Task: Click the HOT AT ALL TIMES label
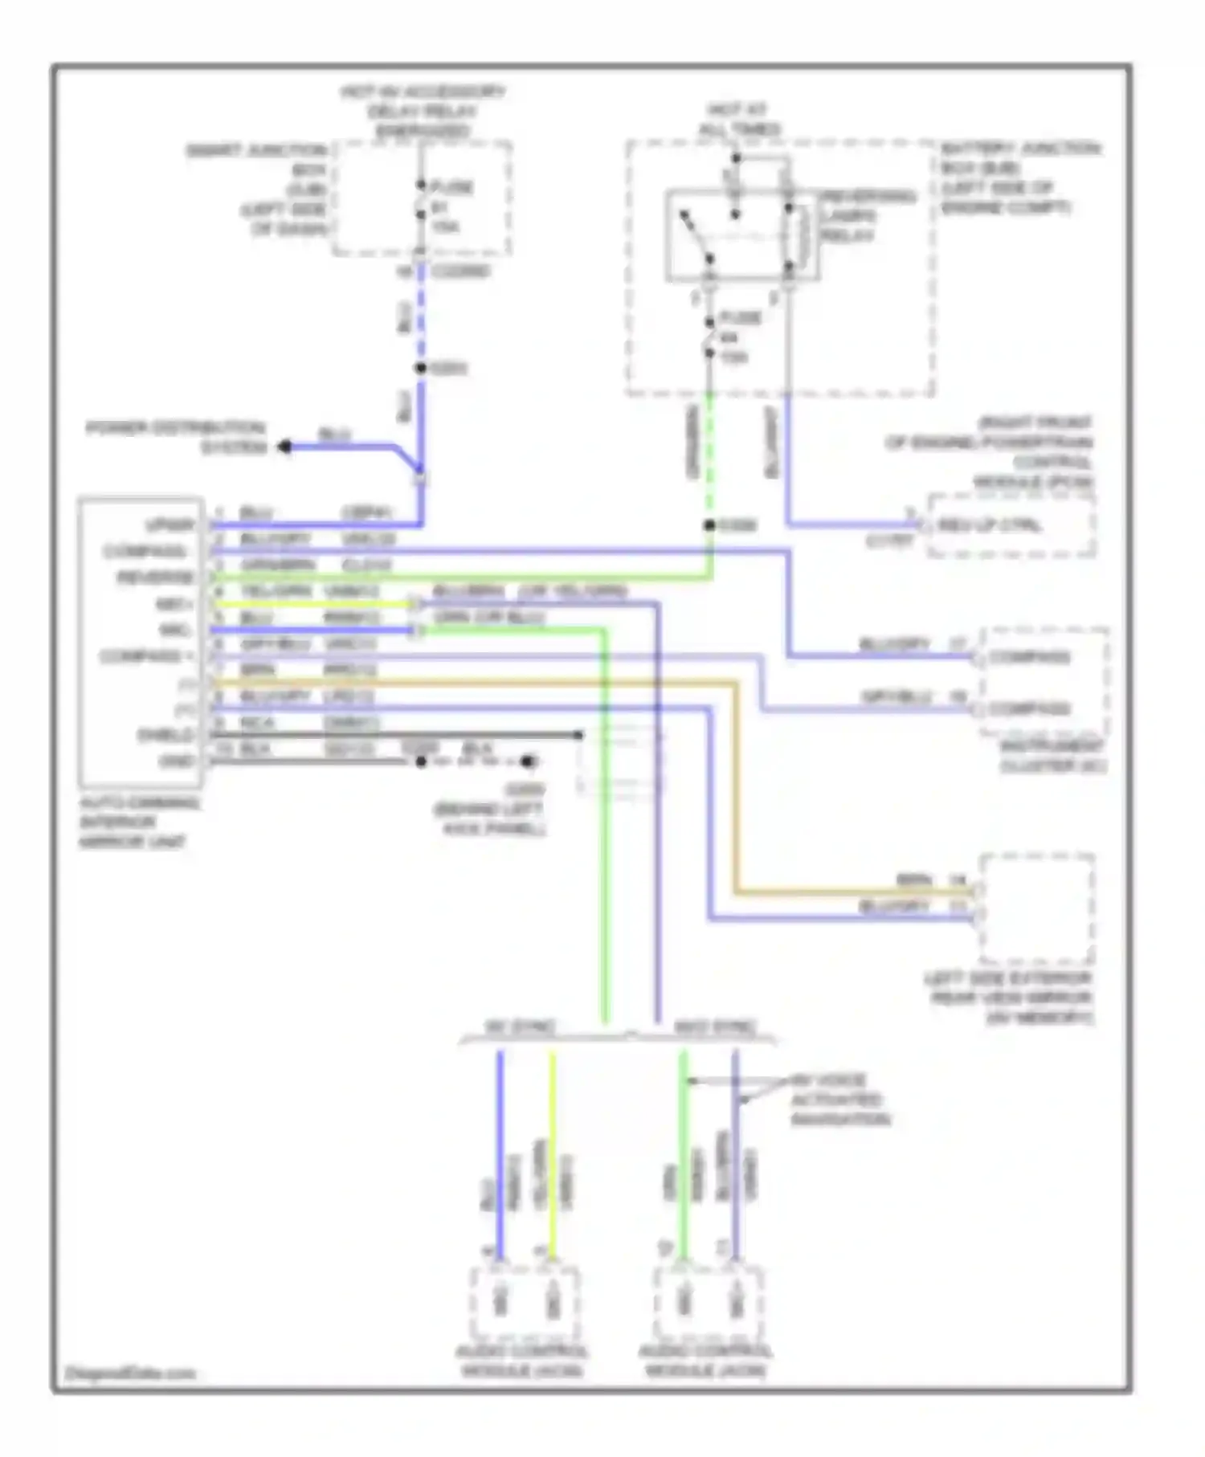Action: [738, 119]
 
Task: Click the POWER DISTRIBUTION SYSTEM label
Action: [176, 438]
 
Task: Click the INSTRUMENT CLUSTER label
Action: [1052, 757]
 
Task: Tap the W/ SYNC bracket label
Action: [520, 1027]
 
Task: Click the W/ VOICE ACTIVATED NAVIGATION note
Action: [839, 1100]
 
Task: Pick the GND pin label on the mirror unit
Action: [177, 760]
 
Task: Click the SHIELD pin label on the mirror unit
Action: [165, 735]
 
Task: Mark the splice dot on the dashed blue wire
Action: [420, 369]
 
